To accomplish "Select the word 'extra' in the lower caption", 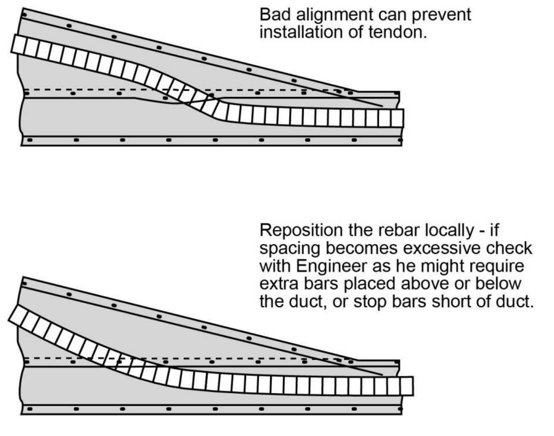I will [x=277, y=284].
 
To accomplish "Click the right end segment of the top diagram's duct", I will [x=397, y=118].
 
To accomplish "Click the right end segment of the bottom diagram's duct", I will [x=407, y=386].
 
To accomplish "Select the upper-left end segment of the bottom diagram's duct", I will [x=17, y=315].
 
